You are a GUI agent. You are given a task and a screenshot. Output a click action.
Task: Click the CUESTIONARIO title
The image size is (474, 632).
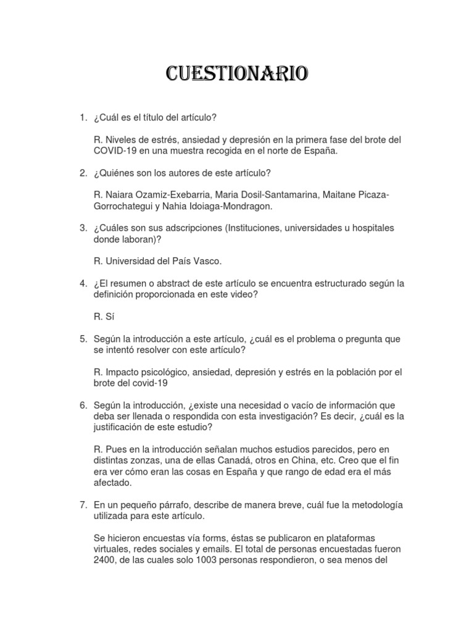(237, 74)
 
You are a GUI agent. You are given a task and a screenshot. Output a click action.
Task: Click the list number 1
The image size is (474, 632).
(82, 117)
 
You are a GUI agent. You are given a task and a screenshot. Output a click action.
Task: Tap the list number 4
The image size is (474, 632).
(82, 283)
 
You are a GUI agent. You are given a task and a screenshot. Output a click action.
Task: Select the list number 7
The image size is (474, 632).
(82, 504)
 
